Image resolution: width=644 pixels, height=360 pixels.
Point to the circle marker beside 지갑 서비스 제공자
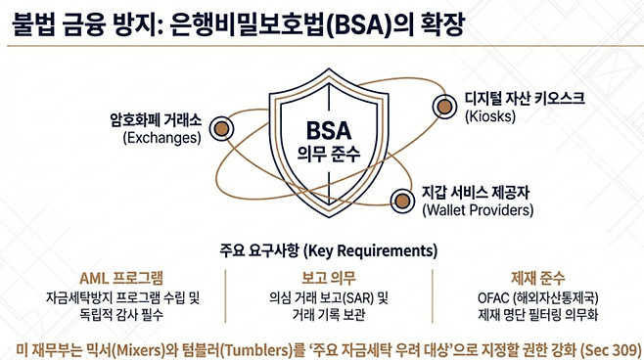point(400,201)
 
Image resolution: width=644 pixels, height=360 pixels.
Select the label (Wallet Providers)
point(477,209)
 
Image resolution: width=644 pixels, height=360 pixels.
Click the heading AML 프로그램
point(119,277)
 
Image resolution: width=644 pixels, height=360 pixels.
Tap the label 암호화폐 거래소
point(155,119)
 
